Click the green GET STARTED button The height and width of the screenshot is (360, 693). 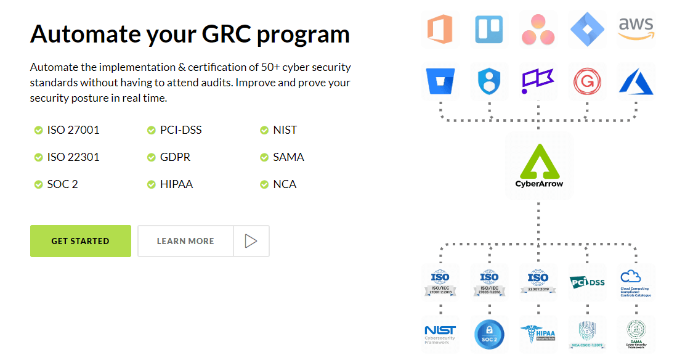(80, 241)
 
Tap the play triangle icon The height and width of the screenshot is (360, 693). (250, 241)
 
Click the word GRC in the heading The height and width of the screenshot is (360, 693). (225, 33)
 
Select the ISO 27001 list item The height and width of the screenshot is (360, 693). (73, 130)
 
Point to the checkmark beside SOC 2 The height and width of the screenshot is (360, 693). (38, 184)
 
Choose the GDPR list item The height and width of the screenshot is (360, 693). (175, 157)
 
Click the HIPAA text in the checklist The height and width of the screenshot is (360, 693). (176, 184)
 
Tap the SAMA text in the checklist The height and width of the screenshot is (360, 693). (288, 157)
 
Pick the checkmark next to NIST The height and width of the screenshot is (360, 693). (264, 130)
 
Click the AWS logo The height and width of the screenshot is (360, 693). (636, 29)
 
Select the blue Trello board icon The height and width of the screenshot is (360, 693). (489, 29)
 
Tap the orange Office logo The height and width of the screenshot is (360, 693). (440, 29)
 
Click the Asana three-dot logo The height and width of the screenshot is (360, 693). (538, 30)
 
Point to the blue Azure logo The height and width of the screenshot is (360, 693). (636, 81)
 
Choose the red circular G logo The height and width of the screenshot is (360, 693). (587, 81)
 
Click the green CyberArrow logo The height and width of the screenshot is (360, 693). (539, 165)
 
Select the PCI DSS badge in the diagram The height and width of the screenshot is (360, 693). (587, 282)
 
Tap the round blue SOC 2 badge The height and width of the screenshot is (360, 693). (489, 333)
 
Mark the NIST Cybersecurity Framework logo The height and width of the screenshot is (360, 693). (440, 333)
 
